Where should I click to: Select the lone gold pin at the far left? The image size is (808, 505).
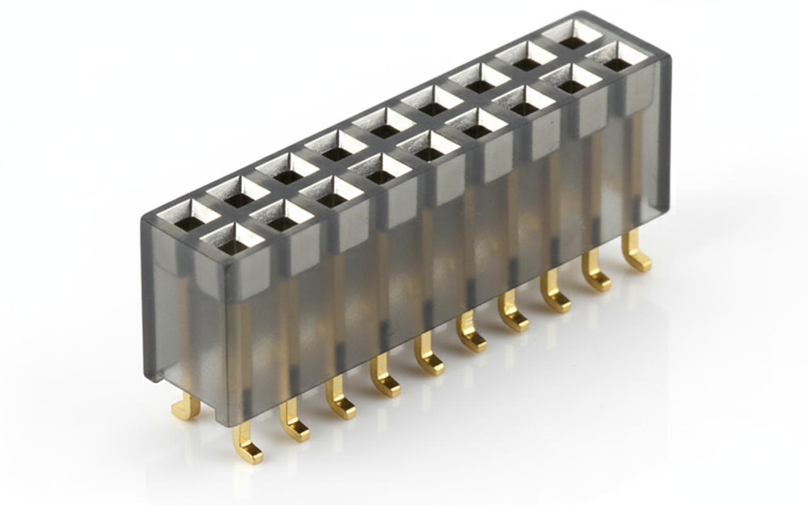pyautogui.click(x=187, y=408)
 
